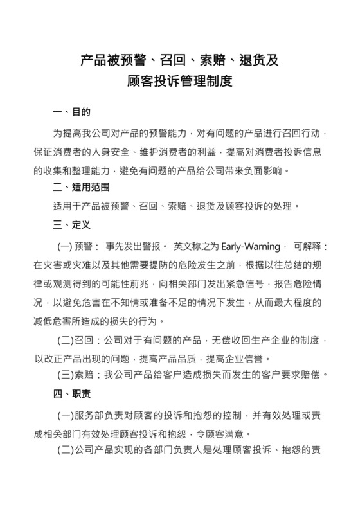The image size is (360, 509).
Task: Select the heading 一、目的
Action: click(71, 113)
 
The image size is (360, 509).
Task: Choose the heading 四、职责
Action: click(71, 393)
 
